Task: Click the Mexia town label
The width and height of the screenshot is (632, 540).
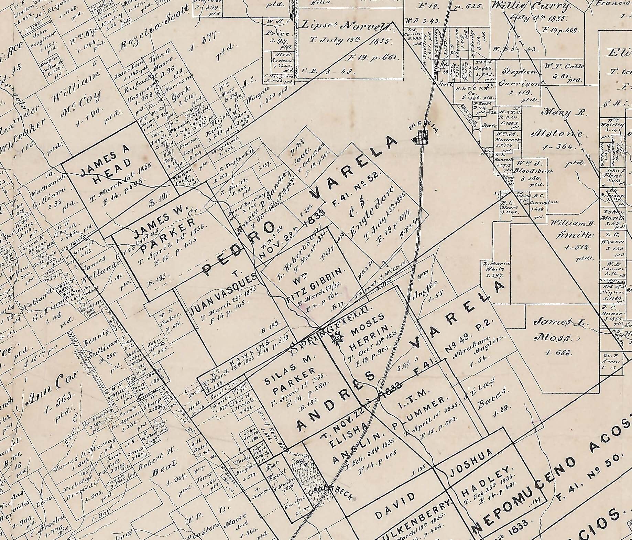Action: [x=423, y=129]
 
